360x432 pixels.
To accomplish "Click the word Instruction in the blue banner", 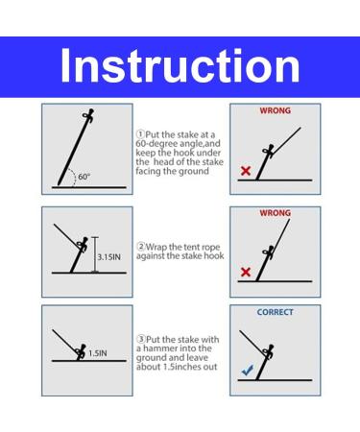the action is coord(180,65).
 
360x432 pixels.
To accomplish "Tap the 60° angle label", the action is coord(84,177).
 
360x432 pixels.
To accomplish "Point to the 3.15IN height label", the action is coord(109,257).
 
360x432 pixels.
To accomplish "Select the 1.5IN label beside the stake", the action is coord(98,353).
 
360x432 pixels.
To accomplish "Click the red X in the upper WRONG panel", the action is coord(246,171).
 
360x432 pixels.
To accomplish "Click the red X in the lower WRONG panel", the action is coord(246,272).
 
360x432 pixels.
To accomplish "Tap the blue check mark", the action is coord(248,370).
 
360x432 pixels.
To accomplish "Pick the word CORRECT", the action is coord(275,312).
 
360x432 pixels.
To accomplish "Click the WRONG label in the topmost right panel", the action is coord(276,110).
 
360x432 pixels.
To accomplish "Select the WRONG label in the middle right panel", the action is coord(276,213).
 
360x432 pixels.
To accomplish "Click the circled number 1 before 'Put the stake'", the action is coord(140,133).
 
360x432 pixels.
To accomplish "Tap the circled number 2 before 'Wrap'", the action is coord(141,247).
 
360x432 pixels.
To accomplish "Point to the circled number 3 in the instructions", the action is coord(141,339).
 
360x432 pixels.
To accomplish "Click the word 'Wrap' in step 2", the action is coord(156,247).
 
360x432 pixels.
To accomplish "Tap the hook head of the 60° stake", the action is coord(88,115).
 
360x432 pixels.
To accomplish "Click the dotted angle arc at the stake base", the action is coord(74,178).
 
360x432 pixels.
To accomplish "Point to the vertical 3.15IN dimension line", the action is coord(95,254).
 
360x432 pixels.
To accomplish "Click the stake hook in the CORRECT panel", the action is coord(268,351).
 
